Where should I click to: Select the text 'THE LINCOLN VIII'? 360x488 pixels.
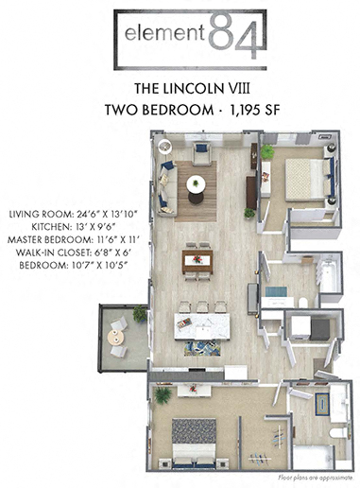[x=180, y=88]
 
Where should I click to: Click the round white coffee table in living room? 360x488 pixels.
[x=196, y=184]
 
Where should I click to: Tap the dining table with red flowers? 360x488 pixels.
[x=197, y=258]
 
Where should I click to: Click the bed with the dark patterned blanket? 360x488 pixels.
[x=194, y=439]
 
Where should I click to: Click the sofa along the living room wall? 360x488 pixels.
[x=167, y=188]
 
